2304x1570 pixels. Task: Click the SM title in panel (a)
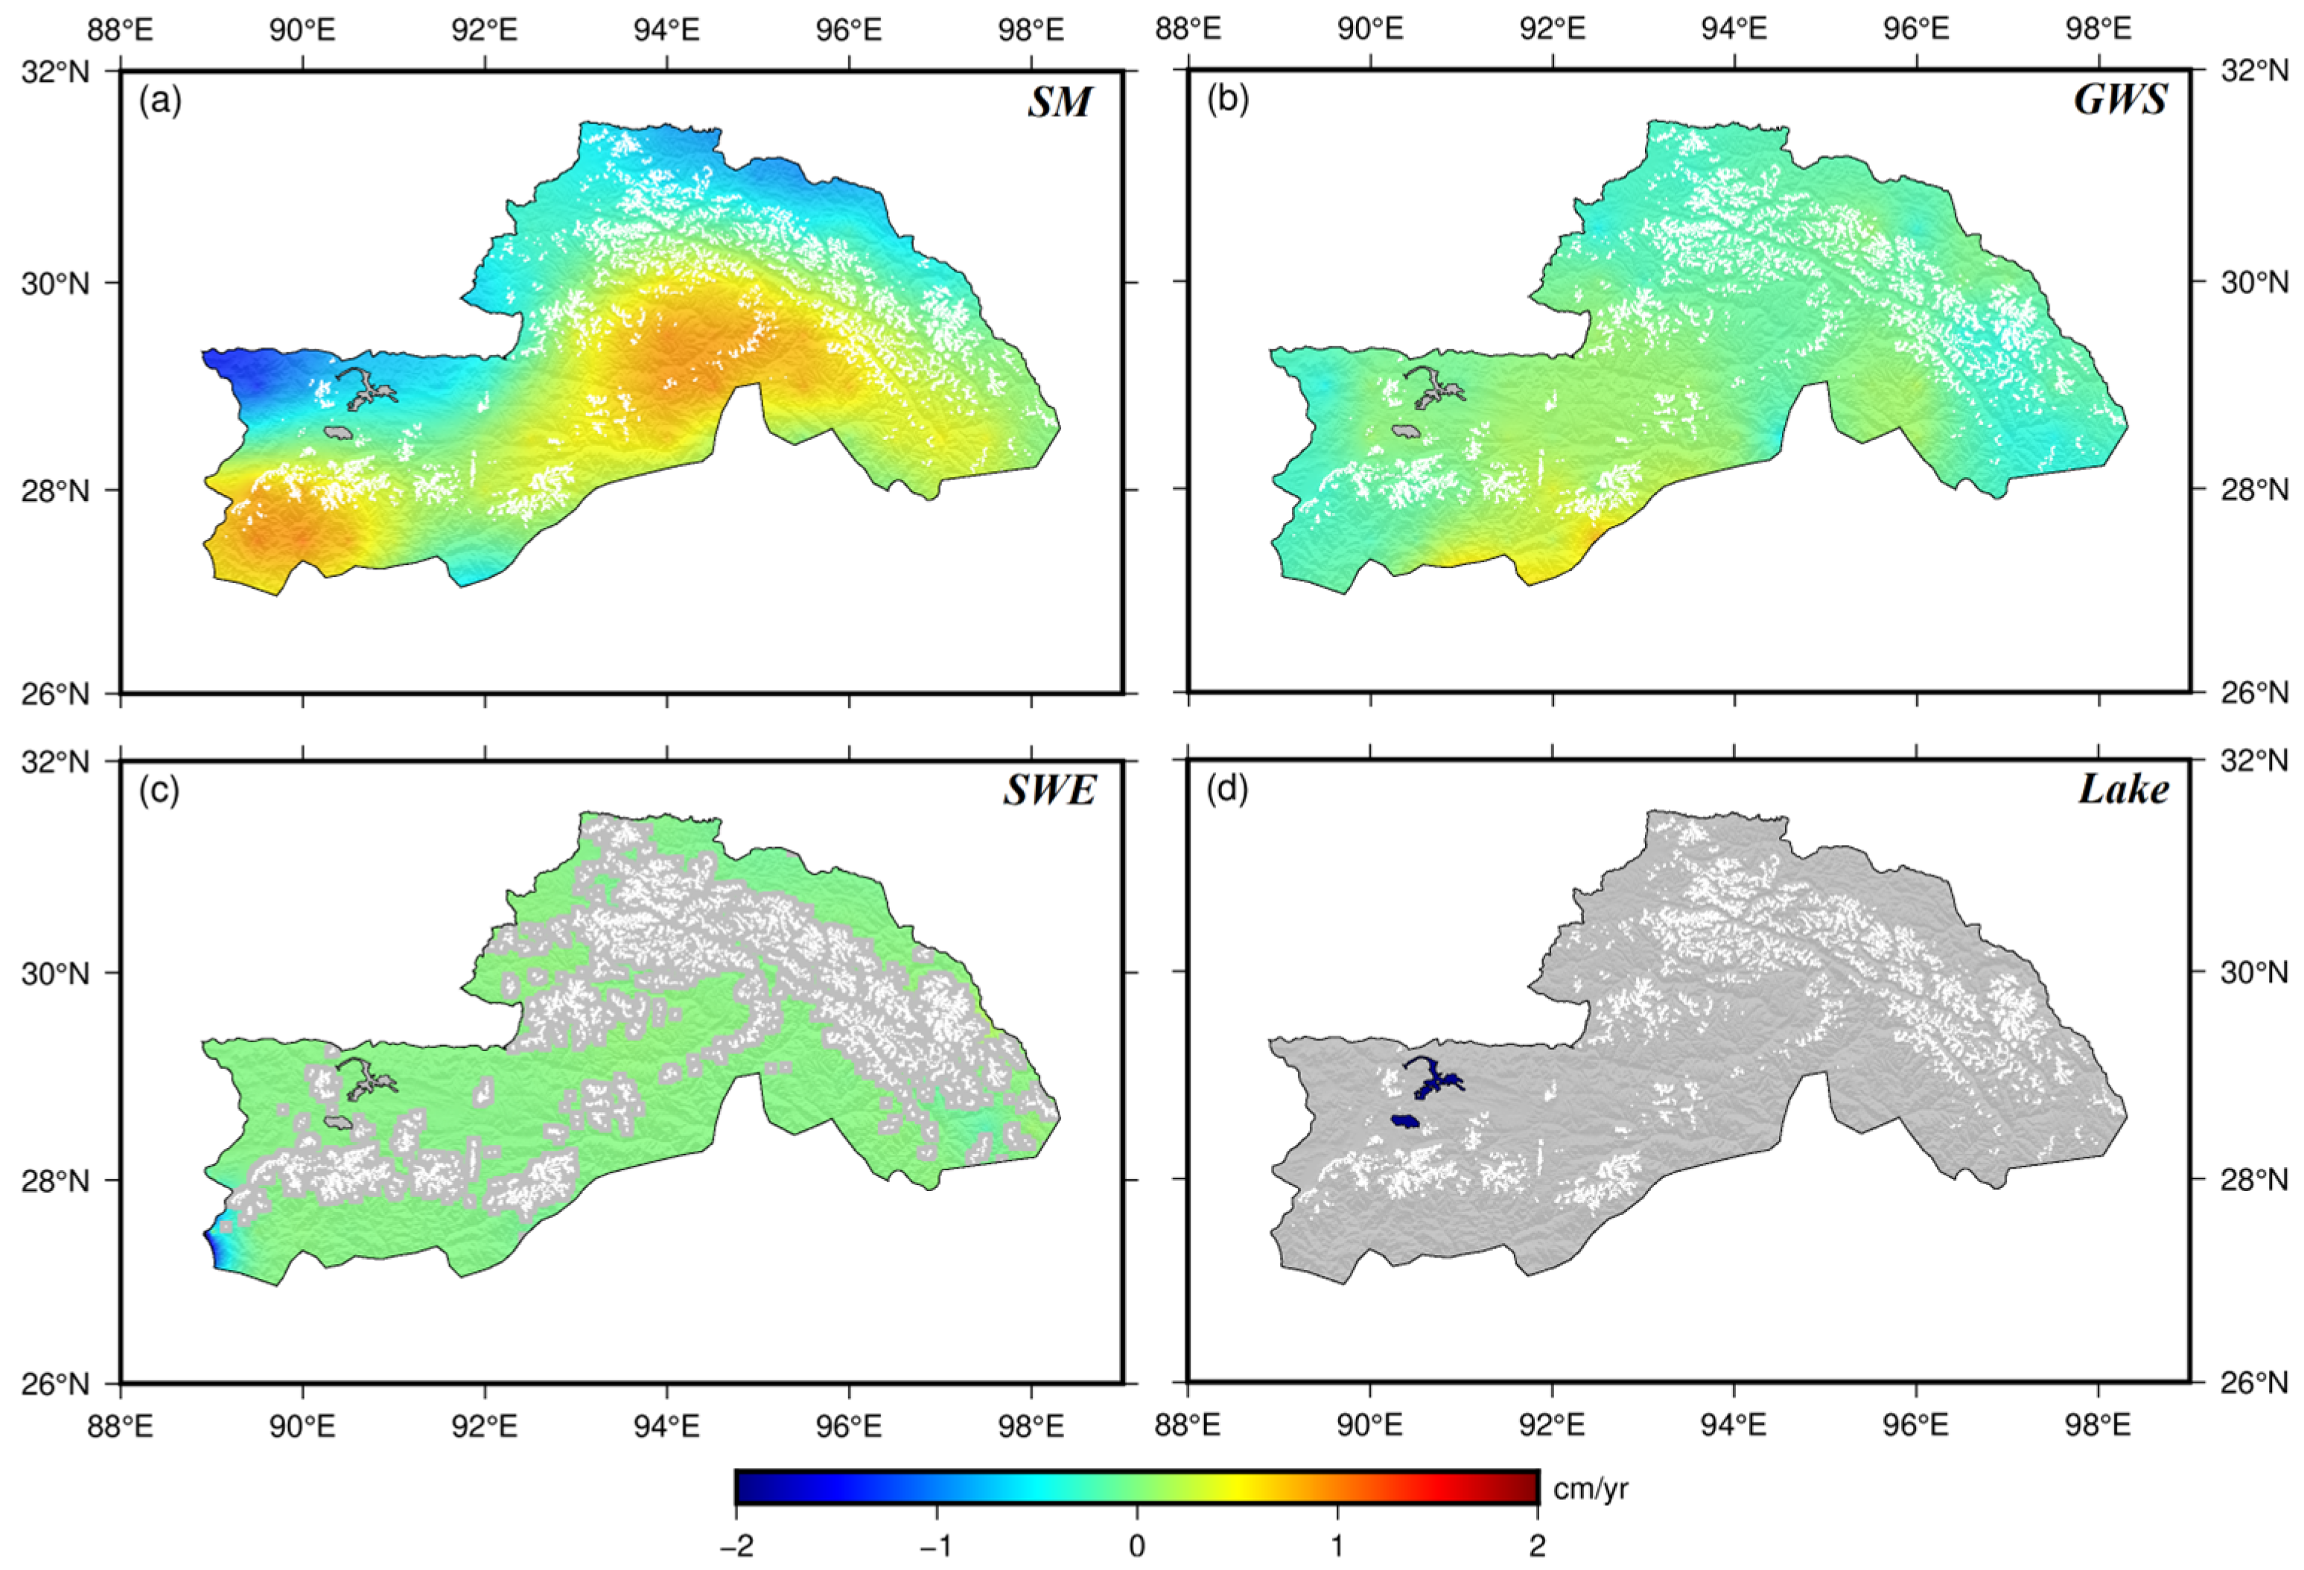pyautogui.click(x=1059, y=102)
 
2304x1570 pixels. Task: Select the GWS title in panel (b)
pyautogui.click(x=2121, y=100)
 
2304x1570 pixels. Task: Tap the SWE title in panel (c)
pyautogui.click(x=1049, y=791)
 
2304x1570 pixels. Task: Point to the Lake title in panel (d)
pyautogui.click(x=2122, y=789)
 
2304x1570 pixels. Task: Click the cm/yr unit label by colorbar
pyautogui.click(x=1590, y=1487)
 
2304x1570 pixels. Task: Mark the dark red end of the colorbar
pyautogui.click(x=1527, y=1487)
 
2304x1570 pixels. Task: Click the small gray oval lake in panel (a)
pyautogui.click(x=339, y=433)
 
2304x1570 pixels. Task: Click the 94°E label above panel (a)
pyautogui.click(x=666, y=30)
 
